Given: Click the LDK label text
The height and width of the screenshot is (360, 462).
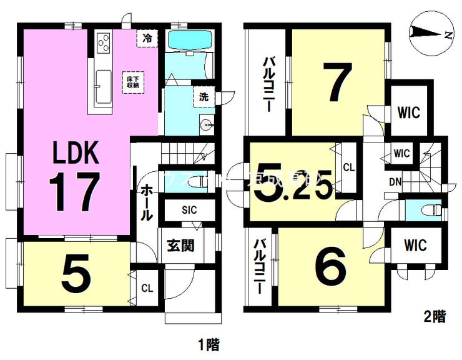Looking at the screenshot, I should [75, 152].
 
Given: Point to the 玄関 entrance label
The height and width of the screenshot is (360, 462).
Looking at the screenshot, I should [180, 244].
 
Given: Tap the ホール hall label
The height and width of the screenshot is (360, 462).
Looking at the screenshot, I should [145, 201].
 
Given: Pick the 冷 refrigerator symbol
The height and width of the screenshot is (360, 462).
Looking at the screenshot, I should [147, 37].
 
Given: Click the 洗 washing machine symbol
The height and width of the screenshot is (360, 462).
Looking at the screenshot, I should [204, 97].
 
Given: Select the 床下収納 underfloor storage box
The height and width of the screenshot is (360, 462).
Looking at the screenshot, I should [132, 82].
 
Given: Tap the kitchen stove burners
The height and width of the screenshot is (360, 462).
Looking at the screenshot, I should [103, 43].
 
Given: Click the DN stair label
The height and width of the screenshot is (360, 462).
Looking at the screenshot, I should [395, 182].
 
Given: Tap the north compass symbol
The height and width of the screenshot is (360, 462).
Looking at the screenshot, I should [428, 34].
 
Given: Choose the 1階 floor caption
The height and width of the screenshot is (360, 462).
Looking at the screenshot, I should [209, 344].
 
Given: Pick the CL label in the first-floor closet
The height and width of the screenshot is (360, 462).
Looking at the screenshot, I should [147, 289].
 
